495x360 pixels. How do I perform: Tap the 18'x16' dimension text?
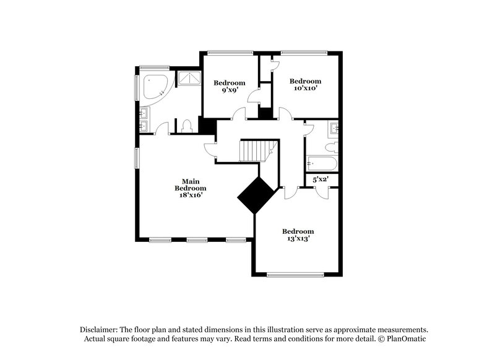tap(190, 195)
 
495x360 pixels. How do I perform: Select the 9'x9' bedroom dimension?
tap(230, 91)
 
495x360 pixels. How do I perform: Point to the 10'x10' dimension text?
tap(306, 88)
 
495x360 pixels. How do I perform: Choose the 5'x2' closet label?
tap(321, 179)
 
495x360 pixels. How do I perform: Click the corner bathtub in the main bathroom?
tap(154, 87)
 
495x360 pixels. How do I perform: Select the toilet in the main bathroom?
tap(188, 126)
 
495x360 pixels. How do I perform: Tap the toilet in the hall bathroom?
tap(332, 147)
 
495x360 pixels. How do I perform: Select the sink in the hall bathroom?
tap(335, 128)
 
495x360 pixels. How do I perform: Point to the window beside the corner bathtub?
tap(137, 87)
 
